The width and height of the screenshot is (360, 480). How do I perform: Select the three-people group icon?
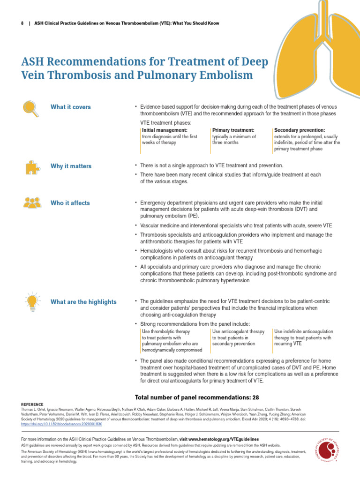(31, 202)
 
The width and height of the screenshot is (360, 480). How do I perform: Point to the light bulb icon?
(31, 300)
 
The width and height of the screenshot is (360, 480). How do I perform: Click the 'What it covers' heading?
(70, 107)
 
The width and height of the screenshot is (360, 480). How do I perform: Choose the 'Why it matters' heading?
(71, 166)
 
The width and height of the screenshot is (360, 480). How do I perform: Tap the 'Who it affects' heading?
(70, 203)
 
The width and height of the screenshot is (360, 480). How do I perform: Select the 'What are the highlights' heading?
(83, 302)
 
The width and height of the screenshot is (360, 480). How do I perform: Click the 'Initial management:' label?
(165, 130)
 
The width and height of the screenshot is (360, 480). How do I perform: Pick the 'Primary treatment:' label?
(233, 130)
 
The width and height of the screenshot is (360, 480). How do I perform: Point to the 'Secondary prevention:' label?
(300, 130)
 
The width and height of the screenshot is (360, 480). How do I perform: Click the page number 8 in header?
(22, 23)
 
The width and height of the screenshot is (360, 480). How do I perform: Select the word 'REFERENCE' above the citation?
(32, 404)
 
